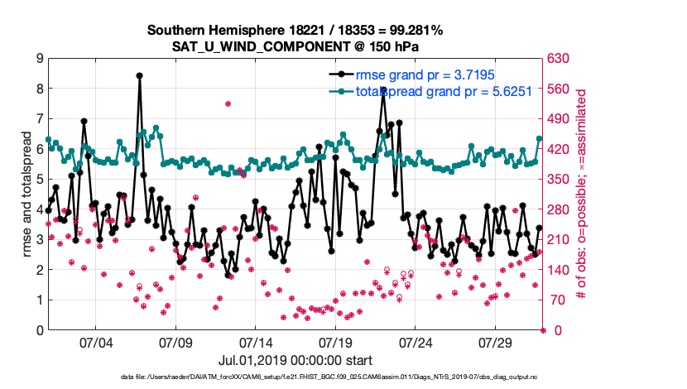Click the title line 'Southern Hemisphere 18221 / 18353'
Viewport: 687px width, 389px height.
pyautogui.click(x=295, y=30)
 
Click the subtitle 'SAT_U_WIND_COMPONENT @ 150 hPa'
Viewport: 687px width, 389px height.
pyautogui.click(x=295, y=46)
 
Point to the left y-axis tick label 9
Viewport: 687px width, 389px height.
pyautogui.click(x=39, y=59)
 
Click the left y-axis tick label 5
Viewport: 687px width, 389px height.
pyautogui.click(x=39, y=180)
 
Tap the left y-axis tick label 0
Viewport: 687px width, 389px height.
pyautogui.click(x=39, y=330)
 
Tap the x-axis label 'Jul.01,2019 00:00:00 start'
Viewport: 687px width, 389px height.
pyautogui.click(x=295, y=360)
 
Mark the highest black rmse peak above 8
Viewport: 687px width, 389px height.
pyautogui.click(x=139, y=75)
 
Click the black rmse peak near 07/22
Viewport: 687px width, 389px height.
pyautogui.click(x=383, y=89)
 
